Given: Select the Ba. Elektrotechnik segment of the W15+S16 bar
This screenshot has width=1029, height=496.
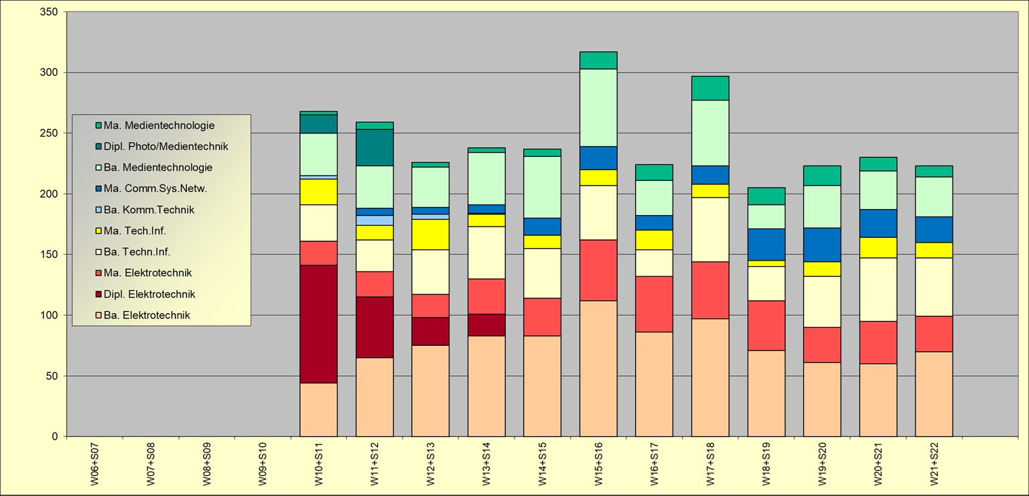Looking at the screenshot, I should pyautogui.click(x=598, y=368).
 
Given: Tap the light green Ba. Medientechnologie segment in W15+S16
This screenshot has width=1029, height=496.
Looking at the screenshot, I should pyautogui.click(x=598, y=107).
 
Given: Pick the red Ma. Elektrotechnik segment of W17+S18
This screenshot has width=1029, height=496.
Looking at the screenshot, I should pyautogui.click(x=710, y=290).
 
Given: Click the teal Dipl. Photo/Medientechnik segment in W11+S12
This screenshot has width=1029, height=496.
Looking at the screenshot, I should pyautogui.click(x=374, y=147).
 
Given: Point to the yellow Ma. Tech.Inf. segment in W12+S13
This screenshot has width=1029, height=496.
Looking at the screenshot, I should pyautogui.click(x=430, y=234).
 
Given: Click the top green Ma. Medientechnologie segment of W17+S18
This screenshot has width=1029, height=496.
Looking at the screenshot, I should pyautogui.click(x=710, y=88).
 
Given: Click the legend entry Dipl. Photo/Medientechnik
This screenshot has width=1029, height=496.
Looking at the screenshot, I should pyautogui.click(x=165, y=146).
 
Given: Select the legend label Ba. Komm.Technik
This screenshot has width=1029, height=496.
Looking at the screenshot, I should pyautogui.click(x=149, y=210).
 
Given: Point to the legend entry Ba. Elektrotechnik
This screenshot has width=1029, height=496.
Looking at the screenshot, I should pyautogui.click(x=147, y=315).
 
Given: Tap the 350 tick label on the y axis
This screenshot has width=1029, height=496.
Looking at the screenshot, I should pyautogui.click(x=49, y=12).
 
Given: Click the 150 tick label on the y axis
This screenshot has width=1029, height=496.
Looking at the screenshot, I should pyautogui.click(x=49, y=255).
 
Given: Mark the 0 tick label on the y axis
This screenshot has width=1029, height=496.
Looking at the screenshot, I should pyautogui.click(x=54, y=436).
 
